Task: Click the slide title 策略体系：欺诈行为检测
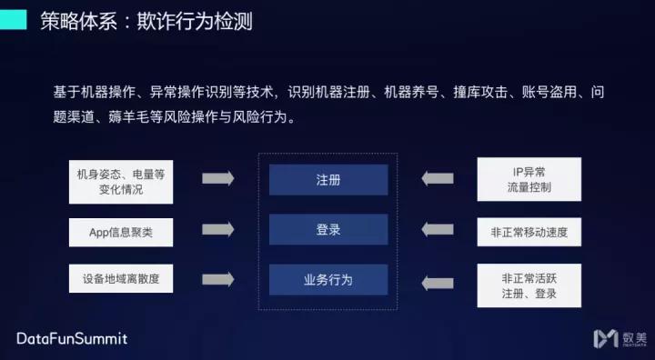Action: click(x=146, y=21)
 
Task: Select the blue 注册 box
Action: click(x=327, y=180)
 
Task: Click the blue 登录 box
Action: click(x=327, y=230)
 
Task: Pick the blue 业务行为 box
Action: click(x=327, y=280)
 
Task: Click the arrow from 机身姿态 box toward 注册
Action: click(x=217, y=178)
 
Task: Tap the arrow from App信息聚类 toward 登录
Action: click(x=217, y=231)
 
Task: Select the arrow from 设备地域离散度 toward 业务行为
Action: click(x=217, y=280)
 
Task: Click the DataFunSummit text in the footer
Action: click(x=73, y=339)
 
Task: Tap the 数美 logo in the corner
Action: click(x=619, y=338)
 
